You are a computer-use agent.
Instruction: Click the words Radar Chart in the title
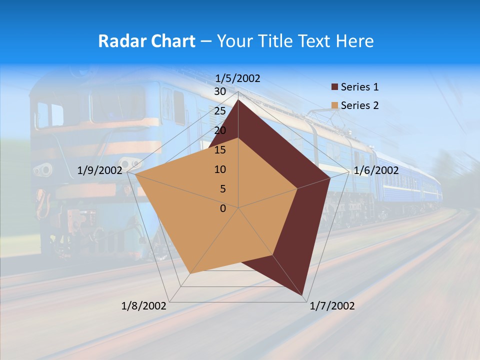pyautogui.click(x=146, y=41)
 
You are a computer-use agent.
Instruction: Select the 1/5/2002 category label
pyautogui.click(x=237, y=78)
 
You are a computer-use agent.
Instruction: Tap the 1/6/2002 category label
pyautogui.click(x=376, y=170)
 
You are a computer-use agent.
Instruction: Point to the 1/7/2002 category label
pyautogui.click(x=332, y=306)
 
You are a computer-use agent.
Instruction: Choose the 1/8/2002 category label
pyautogui.click(x=144, y=306)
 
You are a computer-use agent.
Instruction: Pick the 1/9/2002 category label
pyautogui.click(x=99, y=170)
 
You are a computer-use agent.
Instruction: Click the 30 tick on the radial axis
pyautogui.click(x=219, y=91)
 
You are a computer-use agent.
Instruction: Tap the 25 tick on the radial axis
pyautogui.click(x=219, y=111)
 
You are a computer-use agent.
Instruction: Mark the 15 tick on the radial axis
pyautogui.click(x=219, y=150)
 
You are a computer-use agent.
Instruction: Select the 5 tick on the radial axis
pyautogui.click(x=222, y=189)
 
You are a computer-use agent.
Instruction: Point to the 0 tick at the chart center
pyautogui.click(x=223, y=208)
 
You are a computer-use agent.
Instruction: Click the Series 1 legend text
pyautogui.click(x=359, y=87)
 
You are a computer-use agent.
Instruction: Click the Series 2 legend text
pyautogui.click(x=359, y=105)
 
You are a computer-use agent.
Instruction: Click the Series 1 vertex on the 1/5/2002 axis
pyautogui.click(x=238, y=100)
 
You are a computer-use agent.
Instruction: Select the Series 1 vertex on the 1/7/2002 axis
pyautogui.click(x=303, y=294)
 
